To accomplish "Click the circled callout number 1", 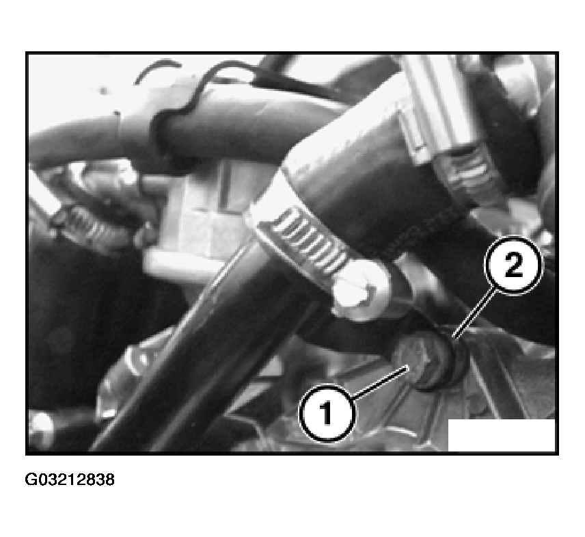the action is [327, 413].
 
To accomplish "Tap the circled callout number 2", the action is [513, 265].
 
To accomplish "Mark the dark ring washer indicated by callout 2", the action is [448, 359].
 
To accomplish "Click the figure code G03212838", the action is [70, 480].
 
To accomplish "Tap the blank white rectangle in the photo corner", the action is [501, 435].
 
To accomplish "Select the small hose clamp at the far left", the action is [80, 224].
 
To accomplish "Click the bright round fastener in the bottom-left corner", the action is [41, 425].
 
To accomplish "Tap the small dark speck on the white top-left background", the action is [103, 90].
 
